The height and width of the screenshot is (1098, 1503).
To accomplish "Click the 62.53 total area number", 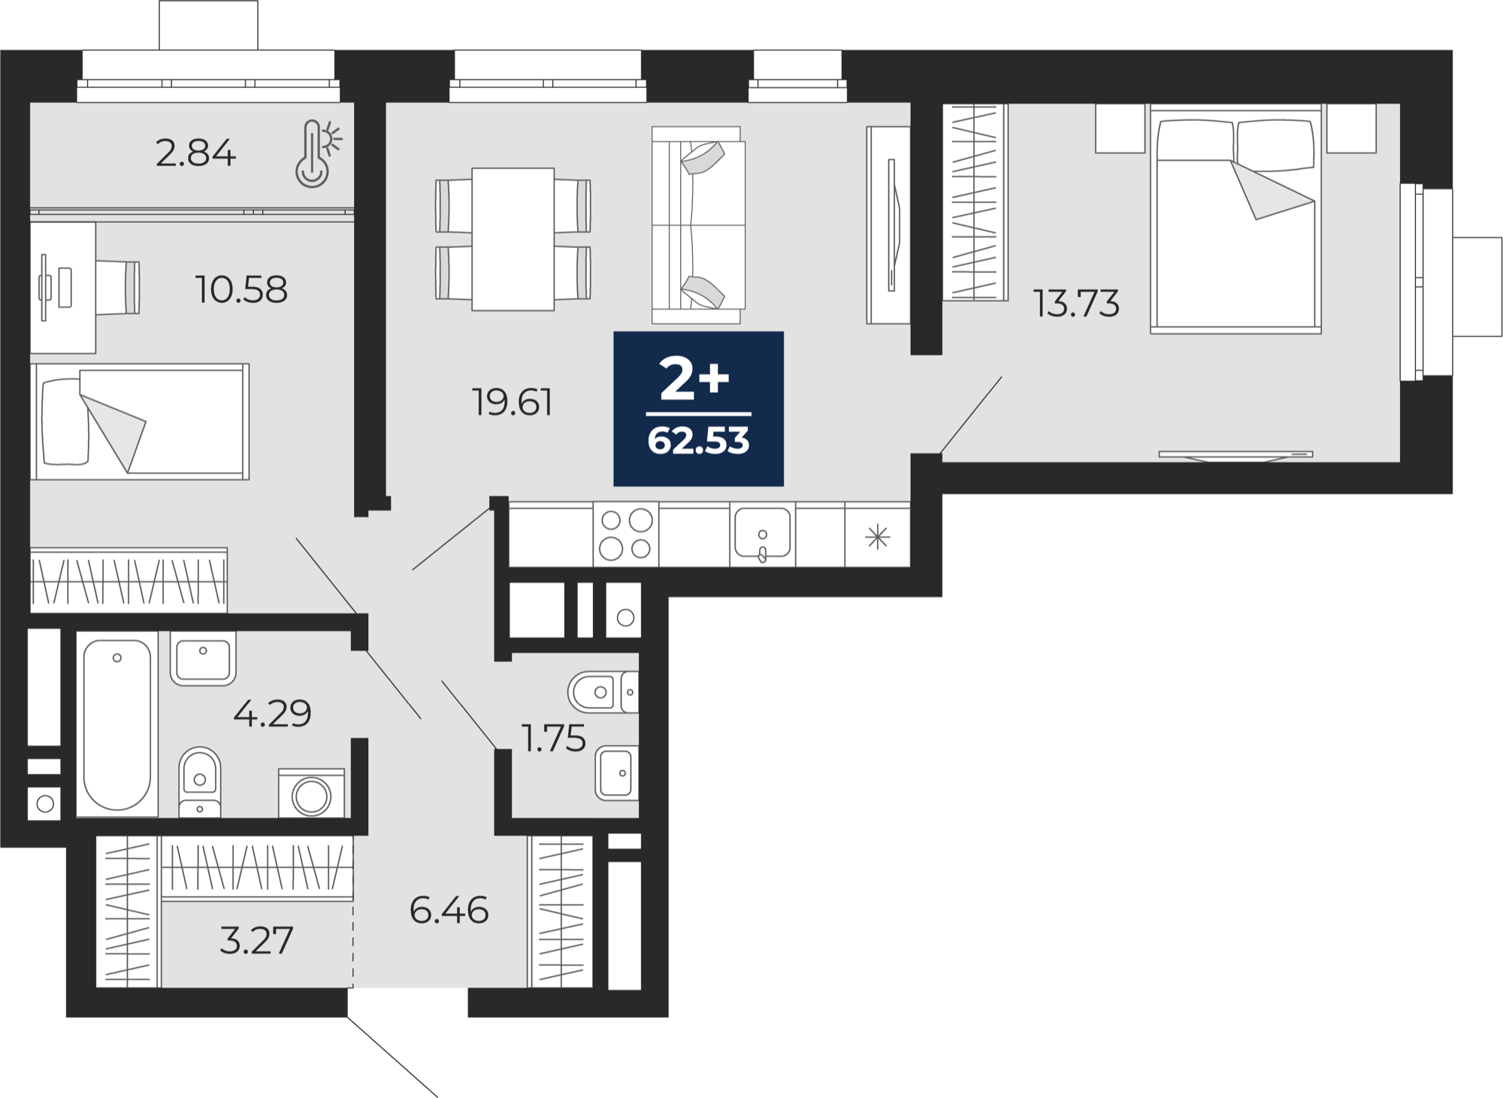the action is tap(698, 441).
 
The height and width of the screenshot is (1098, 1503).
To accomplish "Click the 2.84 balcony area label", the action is tap(195, 154).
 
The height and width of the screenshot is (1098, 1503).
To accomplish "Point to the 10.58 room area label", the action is tap(241, 289).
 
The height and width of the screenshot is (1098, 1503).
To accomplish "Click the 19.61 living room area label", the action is tap(512, 402).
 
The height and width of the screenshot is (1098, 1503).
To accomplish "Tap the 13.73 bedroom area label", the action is tap(1076, 304).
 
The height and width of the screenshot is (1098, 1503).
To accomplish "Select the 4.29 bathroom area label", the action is tap(272, 713).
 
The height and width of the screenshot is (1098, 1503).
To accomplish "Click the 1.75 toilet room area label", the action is tap(554, 739).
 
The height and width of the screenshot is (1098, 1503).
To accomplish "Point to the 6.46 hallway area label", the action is tap(449, 911).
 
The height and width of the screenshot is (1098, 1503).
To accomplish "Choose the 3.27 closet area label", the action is tap(256, 941).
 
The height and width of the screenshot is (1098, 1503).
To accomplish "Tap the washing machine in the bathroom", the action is tap(311, 793).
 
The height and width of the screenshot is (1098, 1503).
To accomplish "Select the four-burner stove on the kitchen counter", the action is tap(626, 534).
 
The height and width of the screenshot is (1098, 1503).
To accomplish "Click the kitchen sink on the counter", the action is tap(763, 534).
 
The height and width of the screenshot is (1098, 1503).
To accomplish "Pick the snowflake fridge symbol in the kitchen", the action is tap(878, 537).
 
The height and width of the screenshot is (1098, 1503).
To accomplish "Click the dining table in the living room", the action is tap(513, 239).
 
